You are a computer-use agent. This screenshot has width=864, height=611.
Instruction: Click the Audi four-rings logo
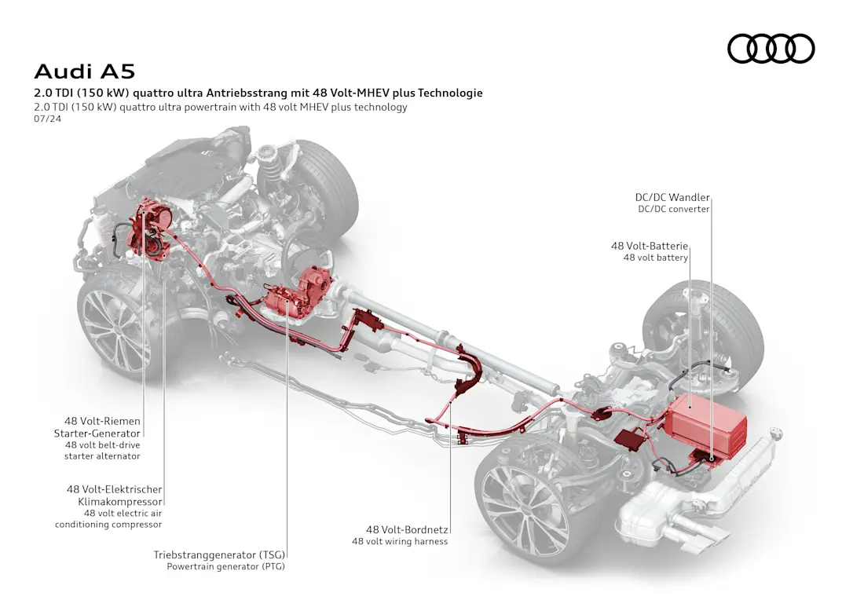pyautogui.click(x=771, y=49)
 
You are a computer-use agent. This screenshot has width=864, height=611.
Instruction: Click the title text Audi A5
pyautogui.click(x=85, y=71)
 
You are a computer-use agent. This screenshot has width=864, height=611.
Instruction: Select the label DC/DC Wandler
pyautogui.click(x=672, y=198)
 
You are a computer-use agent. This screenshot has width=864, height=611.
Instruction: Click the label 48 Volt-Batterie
pyautogui.click(x=650, y=246)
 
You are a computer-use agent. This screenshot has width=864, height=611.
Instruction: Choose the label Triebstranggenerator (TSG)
pyautogui.click(x=219, y=555)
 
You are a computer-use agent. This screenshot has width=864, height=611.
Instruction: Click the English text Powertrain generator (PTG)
pyautogui.click(x=225, y=566)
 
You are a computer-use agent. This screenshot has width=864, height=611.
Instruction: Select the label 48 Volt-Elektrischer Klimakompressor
pyautogui.click(x=114, y=495)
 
